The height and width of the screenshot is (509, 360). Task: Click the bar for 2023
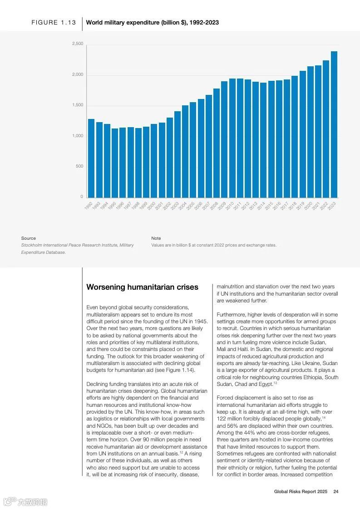[x=334, y=124]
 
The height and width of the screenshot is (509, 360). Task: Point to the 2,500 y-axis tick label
[x=78, y=44]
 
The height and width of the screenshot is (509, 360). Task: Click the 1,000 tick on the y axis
[x=78, y=136]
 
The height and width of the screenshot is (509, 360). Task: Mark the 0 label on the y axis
[x=82, y=197]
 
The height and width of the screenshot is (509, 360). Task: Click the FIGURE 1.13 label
[x=54, y=22]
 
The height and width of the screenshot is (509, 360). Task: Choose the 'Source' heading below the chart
[x=28, y=238]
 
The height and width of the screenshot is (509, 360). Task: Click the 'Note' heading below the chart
[x=156, y=238]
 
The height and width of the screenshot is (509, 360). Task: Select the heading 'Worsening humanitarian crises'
[x=142, y=287]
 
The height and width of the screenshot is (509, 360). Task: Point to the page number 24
[x=336, y=491]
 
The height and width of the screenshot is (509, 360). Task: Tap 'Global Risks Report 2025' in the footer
[x=301, y=491]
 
